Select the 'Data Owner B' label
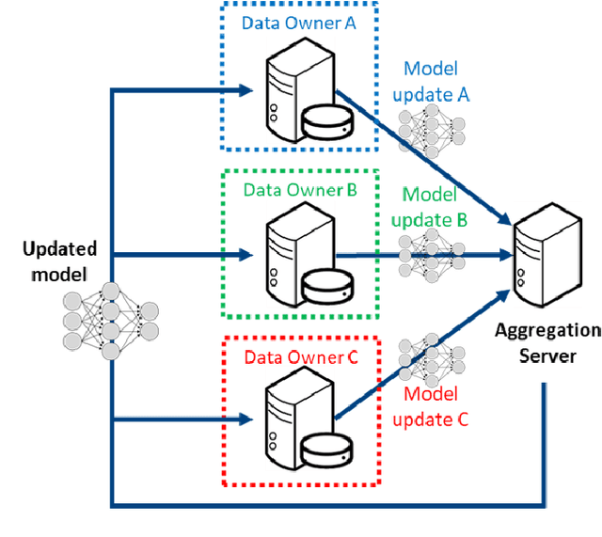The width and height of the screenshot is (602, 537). pos(300,191)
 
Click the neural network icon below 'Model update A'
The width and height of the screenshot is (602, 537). pos(433,127)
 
